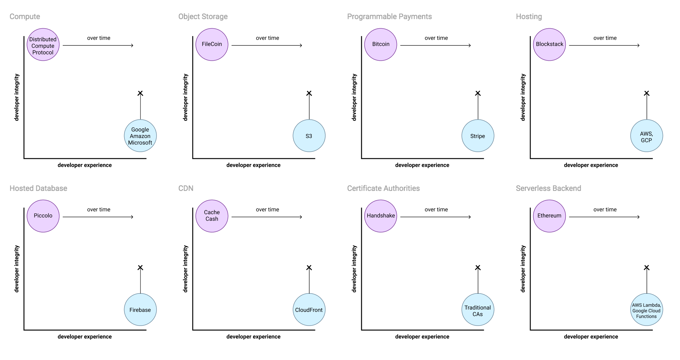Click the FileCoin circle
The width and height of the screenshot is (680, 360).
click(212, 45)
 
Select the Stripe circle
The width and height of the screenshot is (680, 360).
click(478, 136)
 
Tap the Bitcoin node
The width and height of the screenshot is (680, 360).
click(381, 45)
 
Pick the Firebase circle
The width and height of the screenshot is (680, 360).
click(140, 310)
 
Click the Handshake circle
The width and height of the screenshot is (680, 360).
click(381, 216)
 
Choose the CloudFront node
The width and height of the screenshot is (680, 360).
click(309, 310)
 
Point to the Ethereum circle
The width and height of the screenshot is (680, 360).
click(549, 216)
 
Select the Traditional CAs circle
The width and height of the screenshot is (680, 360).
click(478, 310)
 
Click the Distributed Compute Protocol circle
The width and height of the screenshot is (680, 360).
click(43, 45)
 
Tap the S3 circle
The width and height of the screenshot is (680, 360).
click(309, 136)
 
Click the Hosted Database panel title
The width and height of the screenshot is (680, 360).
click(38, 188)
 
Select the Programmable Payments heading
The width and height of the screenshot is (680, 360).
click(389, 17)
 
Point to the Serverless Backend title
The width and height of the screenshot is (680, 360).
click(548, 188)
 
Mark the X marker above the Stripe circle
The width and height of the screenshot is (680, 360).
click(478, 93)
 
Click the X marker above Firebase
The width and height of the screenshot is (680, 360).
click(140, 268)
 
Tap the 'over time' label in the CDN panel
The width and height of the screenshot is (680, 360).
click(267, 209)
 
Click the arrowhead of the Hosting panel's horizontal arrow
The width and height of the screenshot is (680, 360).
click(639, 45)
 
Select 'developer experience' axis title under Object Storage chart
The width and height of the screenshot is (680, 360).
click(253, 165)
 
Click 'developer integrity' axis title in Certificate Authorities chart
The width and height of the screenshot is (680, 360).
click(354, 269)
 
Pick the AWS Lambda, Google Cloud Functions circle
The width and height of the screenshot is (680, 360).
click(647, 310)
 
